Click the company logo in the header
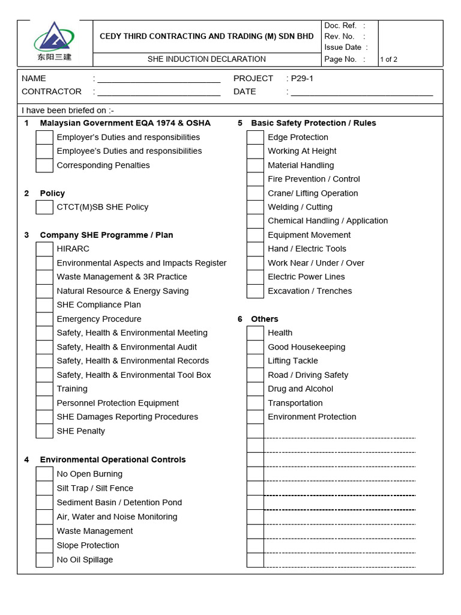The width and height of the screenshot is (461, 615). pos(54,42)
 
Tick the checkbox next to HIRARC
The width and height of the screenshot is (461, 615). pos(44,249)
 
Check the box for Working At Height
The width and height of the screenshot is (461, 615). pos(255,151)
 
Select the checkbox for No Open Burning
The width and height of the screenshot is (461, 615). pos(44,474)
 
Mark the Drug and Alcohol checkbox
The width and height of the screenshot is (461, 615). pos(255,389)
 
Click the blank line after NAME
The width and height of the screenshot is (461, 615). pos(158,79)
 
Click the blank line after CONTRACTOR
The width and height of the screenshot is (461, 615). pos(158,92)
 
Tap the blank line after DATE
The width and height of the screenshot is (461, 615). pos(361,92)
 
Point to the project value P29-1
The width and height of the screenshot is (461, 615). pos(303,79)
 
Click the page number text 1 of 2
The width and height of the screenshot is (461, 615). pos(388,59)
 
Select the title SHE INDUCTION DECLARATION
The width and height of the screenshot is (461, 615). pos(206,59)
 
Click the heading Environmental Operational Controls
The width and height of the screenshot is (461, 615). pos(113,459)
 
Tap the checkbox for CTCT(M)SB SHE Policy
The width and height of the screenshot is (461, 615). pos(44,207)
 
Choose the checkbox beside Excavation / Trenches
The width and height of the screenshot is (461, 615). pos(255,291)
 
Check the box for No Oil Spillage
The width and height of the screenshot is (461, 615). pos(44,560)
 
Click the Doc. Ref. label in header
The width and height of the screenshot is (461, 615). pos(340,26)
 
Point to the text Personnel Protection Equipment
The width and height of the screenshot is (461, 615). pos(118,403)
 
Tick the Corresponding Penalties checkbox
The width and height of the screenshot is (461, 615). pos(44,166)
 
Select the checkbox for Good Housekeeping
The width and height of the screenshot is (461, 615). pos(255,347)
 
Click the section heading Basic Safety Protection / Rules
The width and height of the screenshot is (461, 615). pos(313,123)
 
